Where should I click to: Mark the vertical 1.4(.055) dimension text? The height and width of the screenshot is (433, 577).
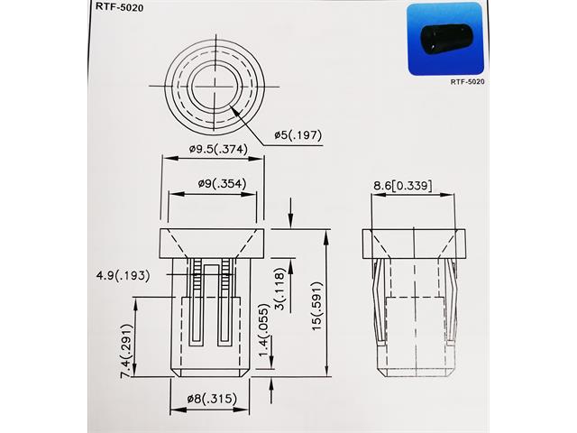coord(264,348)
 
